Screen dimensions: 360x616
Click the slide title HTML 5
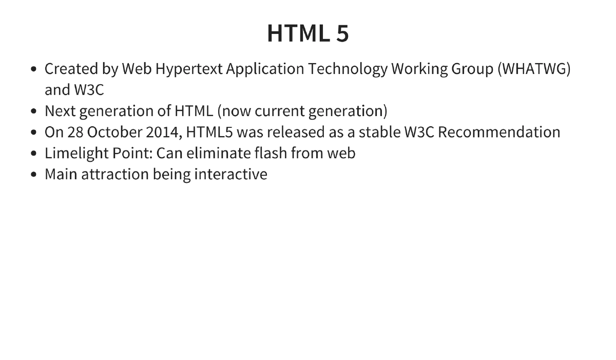coord(307,34)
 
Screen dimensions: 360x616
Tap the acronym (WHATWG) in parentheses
coord(534,69)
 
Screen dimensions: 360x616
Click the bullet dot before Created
coord(34,69)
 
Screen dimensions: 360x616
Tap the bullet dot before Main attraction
coord(34,175)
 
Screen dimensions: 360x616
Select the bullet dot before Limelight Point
coord(34,154)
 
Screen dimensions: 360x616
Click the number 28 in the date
coord(75,132)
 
